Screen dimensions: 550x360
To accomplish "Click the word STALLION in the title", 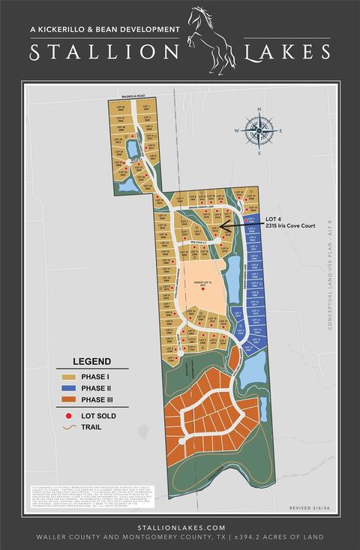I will pyautogui.click(x=103, y=52).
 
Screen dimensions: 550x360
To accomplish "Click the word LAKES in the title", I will pyautogui.click(x=286, y=52).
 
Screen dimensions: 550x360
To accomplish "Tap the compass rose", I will pyautogui.click(x=259, y=131).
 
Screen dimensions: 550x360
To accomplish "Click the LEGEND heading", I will pyautogui.click(x=91, y=360).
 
